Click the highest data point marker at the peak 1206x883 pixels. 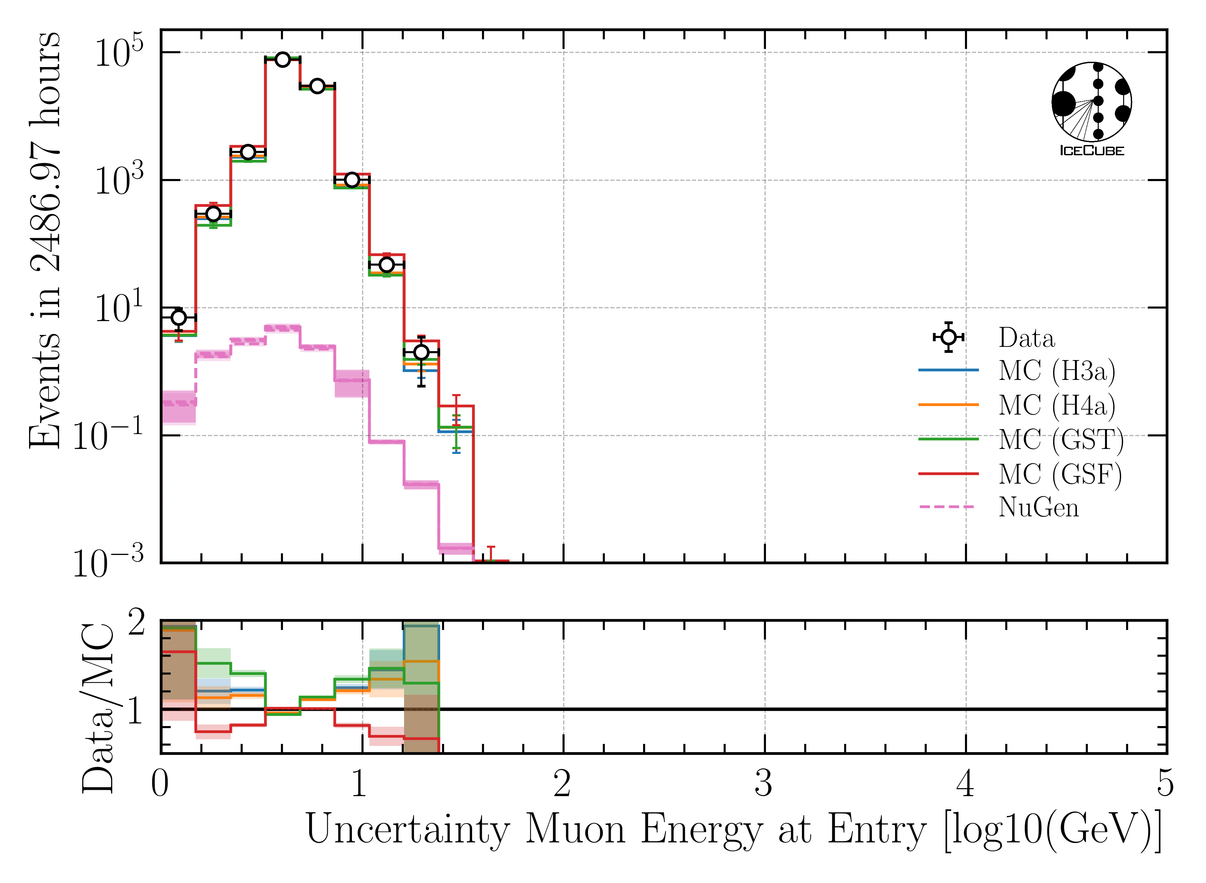click(283, 59)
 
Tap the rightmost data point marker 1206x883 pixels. click(421, 352)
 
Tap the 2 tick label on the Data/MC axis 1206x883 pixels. click(137, 623)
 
